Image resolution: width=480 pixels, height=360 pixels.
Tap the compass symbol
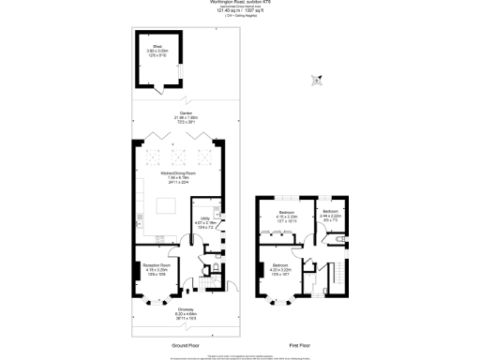pyautogui.click(x=318, y=81)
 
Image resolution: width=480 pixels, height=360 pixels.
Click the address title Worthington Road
pyautogui.click(x=239, y=3)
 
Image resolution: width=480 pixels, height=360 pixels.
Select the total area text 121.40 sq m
pyautogui.click(x=239, y=11)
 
